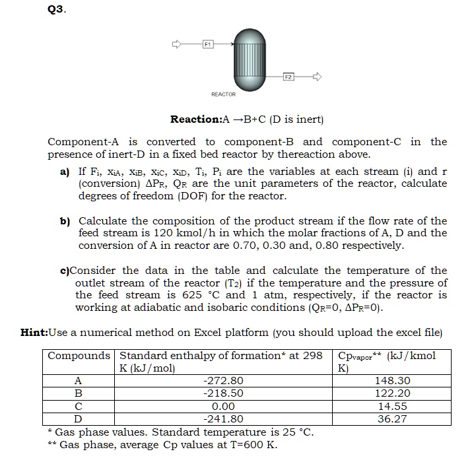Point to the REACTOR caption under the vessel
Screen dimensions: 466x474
click(x=223, y=94)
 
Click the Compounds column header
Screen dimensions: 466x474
click(x=79, y=356)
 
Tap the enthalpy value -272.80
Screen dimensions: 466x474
click(x=224, y=380)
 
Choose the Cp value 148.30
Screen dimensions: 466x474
click(x=391, y=380)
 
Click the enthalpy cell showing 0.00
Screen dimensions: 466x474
click(x=224, y=406)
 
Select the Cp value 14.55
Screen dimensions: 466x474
click(x=391, y=406)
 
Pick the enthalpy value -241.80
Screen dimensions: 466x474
click(x=224, y=418)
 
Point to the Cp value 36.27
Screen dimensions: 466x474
click(x=391, y=418)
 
